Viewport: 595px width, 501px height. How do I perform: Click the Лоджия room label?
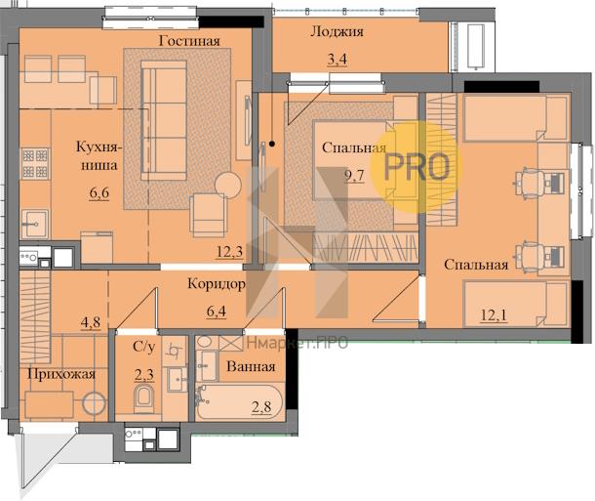[x=337, y=31]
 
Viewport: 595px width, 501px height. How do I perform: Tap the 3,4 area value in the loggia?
[x=337, y=60]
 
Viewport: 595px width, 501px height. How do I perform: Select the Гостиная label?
[x=189, y=41]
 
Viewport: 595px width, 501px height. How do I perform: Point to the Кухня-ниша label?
[x=99, y=155]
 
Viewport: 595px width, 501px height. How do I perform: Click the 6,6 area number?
[x=99, y=193]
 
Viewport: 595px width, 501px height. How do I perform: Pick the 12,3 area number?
[x=229, y=251]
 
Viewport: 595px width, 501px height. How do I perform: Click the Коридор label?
[x=217, y=284]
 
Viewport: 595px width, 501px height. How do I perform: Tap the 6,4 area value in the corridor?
[x=217, y=312]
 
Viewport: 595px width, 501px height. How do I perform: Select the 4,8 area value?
[x=91, y=322]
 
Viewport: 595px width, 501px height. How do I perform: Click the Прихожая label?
[x=61, y=374]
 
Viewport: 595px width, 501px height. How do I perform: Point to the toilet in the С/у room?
[x=143, y=397]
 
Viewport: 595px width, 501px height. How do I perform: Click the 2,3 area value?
[x=144, y=375]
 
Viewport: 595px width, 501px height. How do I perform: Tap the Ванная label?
[x=251, y=366]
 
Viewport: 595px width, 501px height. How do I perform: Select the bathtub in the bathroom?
[x=239, y=401]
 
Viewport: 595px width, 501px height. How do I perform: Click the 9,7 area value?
[x=354, y=176]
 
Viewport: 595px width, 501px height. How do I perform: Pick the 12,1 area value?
[x=494, y=314]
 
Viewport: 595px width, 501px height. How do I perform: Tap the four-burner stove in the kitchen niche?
[x=35, y=163]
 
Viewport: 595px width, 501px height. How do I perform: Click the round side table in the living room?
[x=228, y=185]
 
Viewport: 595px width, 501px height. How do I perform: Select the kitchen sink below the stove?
[x=34, y=224]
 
